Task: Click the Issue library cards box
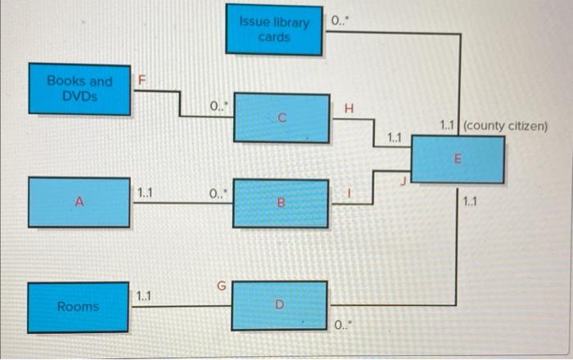(x=274, y=29)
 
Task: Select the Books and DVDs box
(x=79, y=88)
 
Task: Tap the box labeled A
(x=79, y=201)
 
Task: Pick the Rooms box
(x=79, y=307)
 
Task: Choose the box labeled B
(x=281, y=201)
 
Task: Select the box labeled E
(x=458, y=160)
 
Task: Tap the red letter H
(x=350, y=108)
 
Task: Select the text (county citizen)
(x=505, y=127)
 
